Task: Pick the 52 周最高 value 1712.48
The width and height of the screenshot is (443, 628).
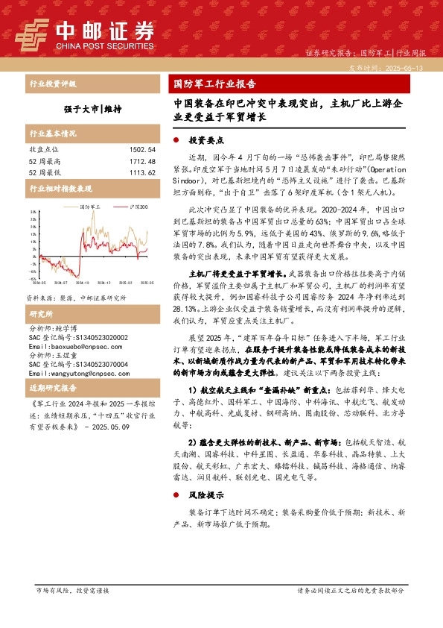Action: pyautogui.click(x=141, y=161)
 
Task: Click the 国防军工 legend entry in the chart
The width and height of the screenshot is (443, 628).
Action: pyautogui.click(x=89, y=207)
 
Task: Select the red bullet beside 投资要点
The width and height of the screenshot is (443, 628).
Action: pyautogui.click(x=176, y=140)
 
